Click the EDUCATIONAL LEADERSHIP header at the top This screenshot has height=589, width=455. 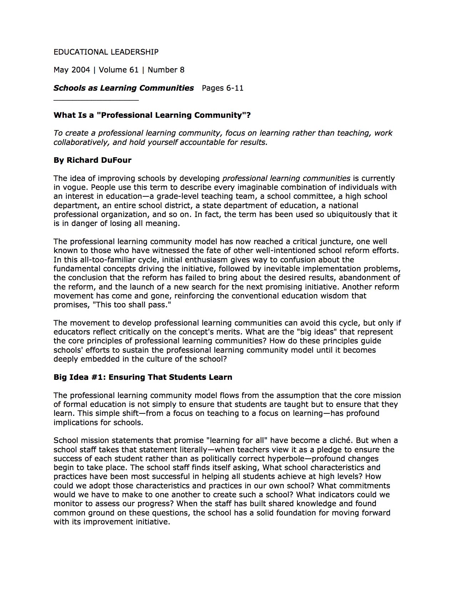(106, 52)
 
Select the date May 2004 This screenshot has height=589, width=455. (72, 70)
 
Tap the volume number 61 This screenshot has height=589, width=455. (133, 70)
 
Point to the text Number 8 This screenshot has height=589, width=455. (166, 70)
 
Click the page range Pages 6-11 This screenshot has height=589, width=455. (223, 88)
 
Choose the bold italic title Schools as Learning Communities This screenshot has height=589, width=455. (123, 88)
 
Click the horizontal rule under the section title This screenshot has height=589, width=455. (96, 101)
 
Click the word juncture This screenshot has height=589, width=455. (356, 242)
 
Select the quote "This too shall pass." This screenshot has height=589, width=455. (132, 305)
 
